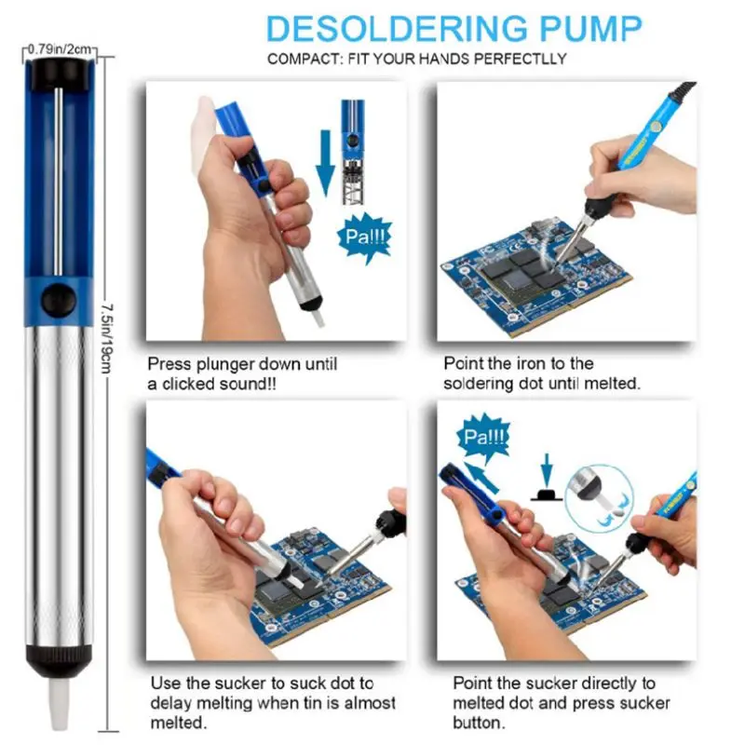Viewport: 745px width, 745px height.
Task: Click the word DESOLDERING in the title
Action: pos(397,29)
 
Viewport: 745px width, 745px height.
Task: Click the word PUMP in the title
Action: pos(591,29)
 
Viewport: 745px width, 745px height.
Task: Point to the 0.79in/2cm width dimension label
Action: pos(59,49)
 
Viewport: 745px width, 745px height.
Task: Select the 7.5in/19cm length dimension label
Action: pos(107,338)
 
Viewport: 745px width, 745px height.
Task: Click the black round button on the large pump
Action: pos(59,301)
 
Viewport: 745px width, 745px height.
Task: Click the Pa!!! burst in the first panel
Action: pos(365,237)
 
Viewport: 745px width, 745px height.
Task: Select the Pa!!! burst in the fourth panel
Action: pos(482,437)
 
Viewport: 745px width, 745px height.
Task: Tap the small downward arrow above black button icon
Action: pos(548,470)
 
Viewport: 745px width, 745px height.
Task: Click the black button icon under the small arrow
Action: pos(547,494)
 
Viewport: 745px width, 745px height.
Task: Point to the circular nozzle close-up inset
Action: pos(600,498)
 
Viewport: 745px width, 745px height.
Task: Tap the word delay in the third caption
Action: pos(171,703)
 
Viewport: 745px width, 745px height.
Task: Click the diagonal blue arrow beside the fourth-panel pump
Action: pos(481,478)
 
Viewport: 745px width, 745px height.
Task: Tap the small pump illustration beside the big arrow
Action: pos(353,152)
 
